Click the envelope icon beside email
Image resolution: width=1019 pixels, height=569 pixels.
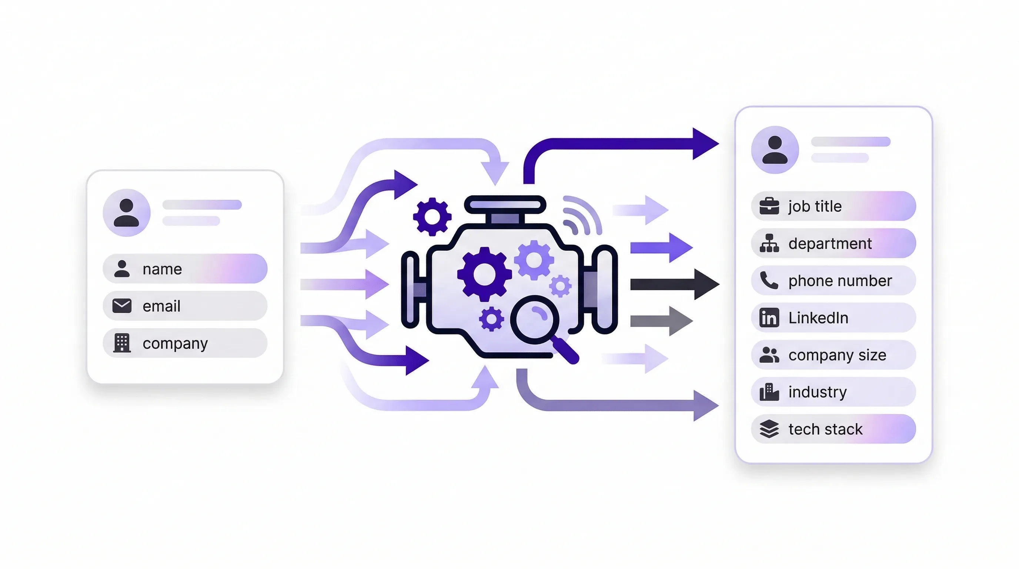click(122, 306)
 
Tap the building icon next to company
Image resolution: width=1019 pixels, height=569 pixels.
click(122, 343)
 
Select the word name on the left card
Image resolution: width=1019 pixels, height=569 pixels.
click(162, 269)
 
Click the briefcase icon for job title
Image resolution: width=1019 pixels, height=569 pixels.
click(769, 206)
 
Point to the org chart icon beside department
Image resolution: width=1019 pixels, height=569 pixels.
click(769, 243)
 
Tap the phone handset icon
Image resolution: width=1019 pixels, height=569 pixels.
click(769, 280)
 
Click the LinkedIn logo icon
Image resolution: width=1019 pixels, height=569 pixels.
click(769, 317)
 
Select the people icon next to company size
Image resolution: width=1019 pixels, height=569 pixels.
click(769, 355)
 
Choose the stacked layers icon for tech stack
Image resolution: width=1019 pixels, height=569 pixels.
click(769, 429)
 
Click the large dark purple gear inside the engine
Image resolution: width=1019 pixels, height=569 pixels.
click(484, 274)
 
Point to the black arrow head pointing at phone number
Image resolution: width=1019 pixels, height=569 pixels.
click(706, 284)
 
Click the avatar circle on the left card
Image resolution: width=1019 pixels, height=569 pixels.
click(127, 213)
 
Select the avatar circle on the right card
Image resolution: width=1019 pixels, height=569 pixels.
click(775, 150)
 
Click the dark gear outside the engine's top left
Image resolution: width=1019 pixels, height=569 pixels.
click(432, 216)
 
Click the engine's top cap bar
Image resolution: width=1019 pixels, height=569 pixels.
click(505, 204)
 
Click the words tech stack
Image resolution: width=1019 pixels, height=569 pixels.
click(825, 429)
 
